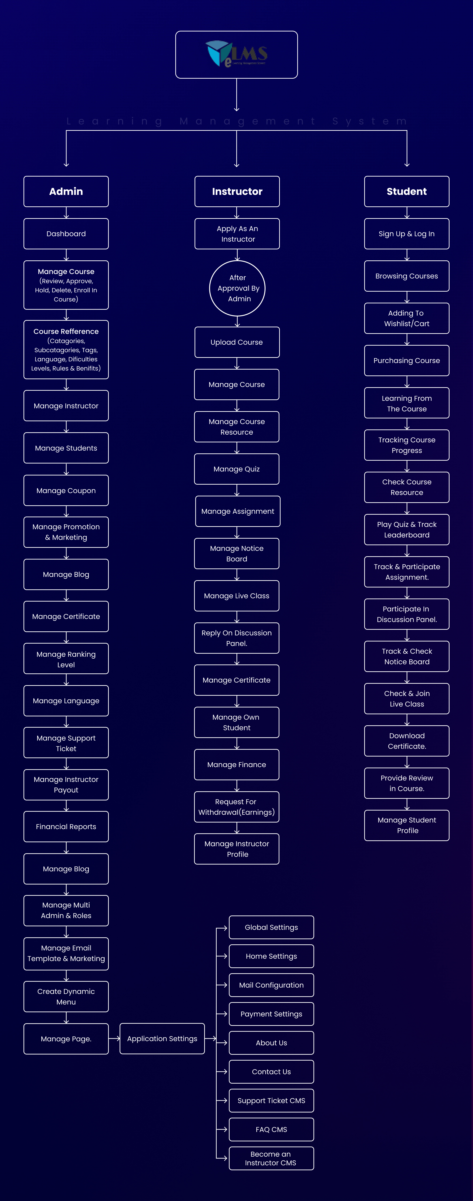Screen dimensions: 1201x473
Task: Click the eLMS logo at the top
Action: click(236, 54)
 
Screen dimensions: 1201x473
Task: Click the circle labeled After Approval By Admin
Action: click(237, 288)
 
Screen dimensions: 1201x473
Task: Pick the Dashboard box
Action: click(66, 234)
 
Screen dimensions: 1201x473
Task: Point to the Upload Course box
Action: click(237, 342)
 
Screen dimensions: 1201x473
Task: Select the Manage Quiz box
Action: click(237, 469)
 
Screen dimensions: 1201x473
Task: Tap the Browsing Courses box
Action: click(407, 276)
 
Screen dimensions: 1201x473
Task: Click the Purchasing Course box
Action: click(407, 360)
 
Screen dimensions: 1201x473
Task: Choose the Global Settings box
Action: click(271, 927)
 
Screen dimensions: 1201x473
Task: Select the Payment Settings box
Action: click(271, 1014)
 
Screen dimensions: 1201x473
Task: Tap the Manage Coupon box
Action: click(66, 490)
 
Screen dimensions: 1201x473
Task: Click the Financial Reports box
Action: click(66, 827)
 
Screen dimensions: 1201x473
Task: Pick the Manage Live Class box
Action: click(237, 596)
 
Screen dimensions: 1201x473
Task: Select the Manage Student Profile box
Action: click(407, 825)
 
